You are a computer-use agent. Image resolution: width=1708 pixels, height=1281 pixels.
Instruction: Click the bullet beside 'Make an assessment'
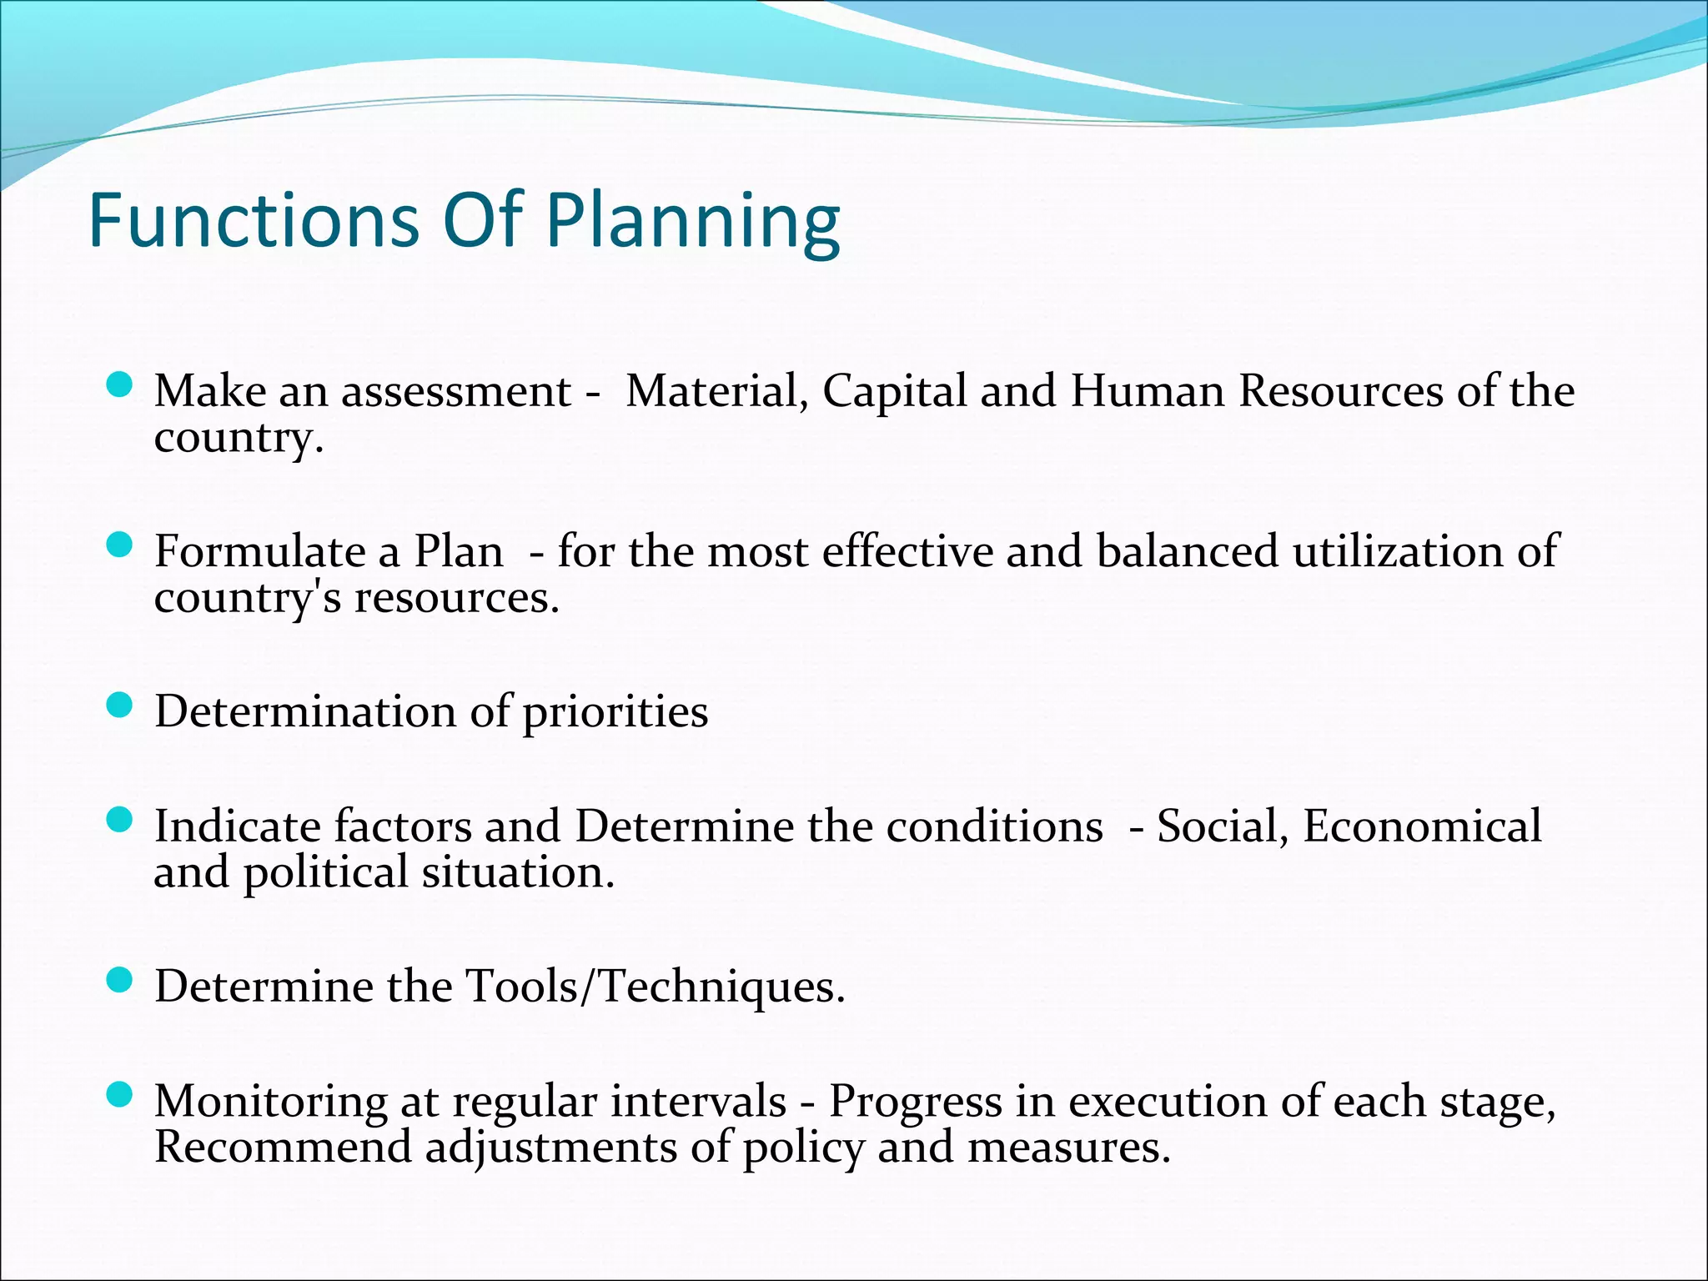tap(120, 385)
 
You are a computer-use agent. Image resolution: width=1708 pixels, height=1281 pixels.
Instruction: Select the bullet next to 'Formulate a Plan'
tap(120, 545)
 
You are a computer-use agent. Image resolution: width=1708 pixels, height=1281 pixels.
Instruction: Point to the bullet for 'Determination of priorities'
tap(120, 706)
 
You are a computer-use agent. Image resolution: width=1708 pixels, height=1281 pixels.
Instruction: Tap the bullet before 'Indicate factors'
tap(120, 821)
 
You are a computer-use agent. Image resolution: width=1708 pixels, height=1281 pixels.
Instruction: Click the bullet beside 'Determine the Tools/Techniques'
tap(120, 981)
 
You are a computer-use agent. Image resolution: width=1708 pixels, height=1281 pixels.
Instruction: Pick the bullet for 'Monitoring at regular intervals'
tap(120, 1094)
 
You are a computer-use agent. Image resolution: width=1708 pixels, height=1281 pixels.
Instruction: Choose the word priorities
tap(615, 713)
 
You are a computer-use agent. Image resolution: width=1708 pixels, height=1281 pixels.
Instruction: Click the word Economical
tap(1422, 826)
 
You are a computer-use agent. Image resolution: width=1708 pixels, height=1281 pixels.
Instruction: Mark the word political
tap(325, 873)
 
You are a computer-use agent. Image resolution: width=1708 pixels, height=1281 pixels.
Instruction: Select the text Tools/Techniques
tap(655, 987)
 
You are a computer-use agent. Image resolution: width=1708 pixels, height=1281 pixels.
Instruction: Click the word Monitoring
tap(270, 1102)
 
